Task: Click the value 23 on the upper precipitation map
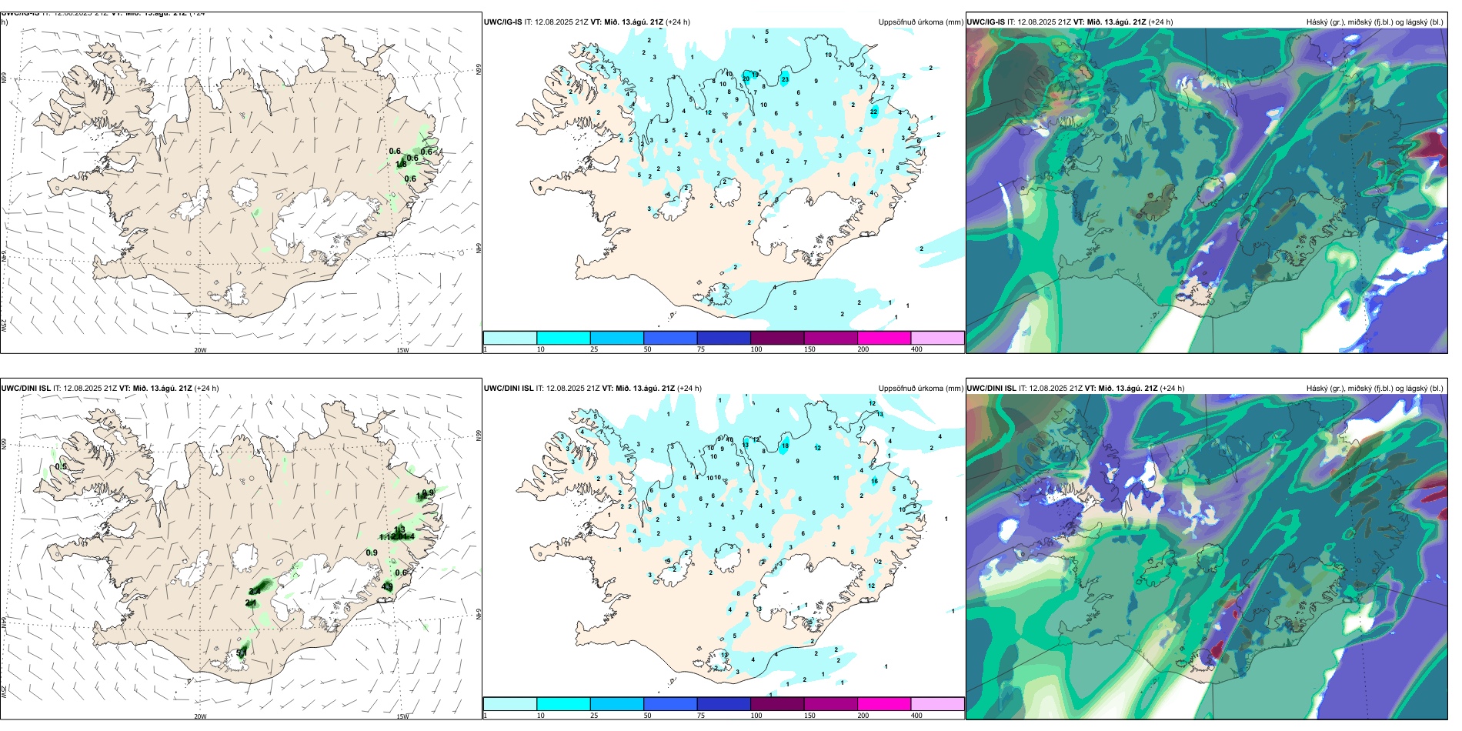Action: (785, 79)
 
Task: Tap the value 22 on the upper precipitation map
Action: (874, 112)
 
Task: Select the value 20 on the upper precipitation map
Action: (746, 78)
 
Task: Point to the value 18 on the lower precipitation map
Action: (785, 446)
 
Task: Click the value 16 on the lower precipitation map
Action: (874, 482)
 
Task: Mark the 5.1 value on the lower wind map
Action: (241, 653)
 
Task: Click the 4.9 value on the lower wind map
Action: (387, 587)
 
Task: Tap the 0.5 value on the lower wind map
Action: (61, 466)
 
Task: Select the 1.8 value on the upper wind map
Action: (401, 164)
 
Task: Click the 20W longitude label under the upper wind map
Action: (200, 350)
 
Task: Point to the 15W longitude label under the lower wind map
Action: (402, 716)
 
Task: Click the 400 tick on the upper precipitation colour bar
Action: (916, 349)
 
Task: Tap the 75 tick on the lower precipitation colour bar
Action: (702, 716)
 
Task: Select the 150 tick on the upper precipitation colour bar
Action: (809, 349)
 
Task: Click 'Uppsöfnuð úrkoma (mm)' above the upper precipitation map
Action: (920, 22)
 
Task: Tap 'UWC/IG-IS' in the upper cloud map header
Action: (986, 22)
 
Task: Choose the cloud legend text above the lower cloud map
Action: (1374, 389)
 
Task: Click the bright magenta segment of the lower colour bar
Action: (883, 704)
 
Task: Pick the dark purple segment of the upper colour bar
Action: (776, 338)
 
